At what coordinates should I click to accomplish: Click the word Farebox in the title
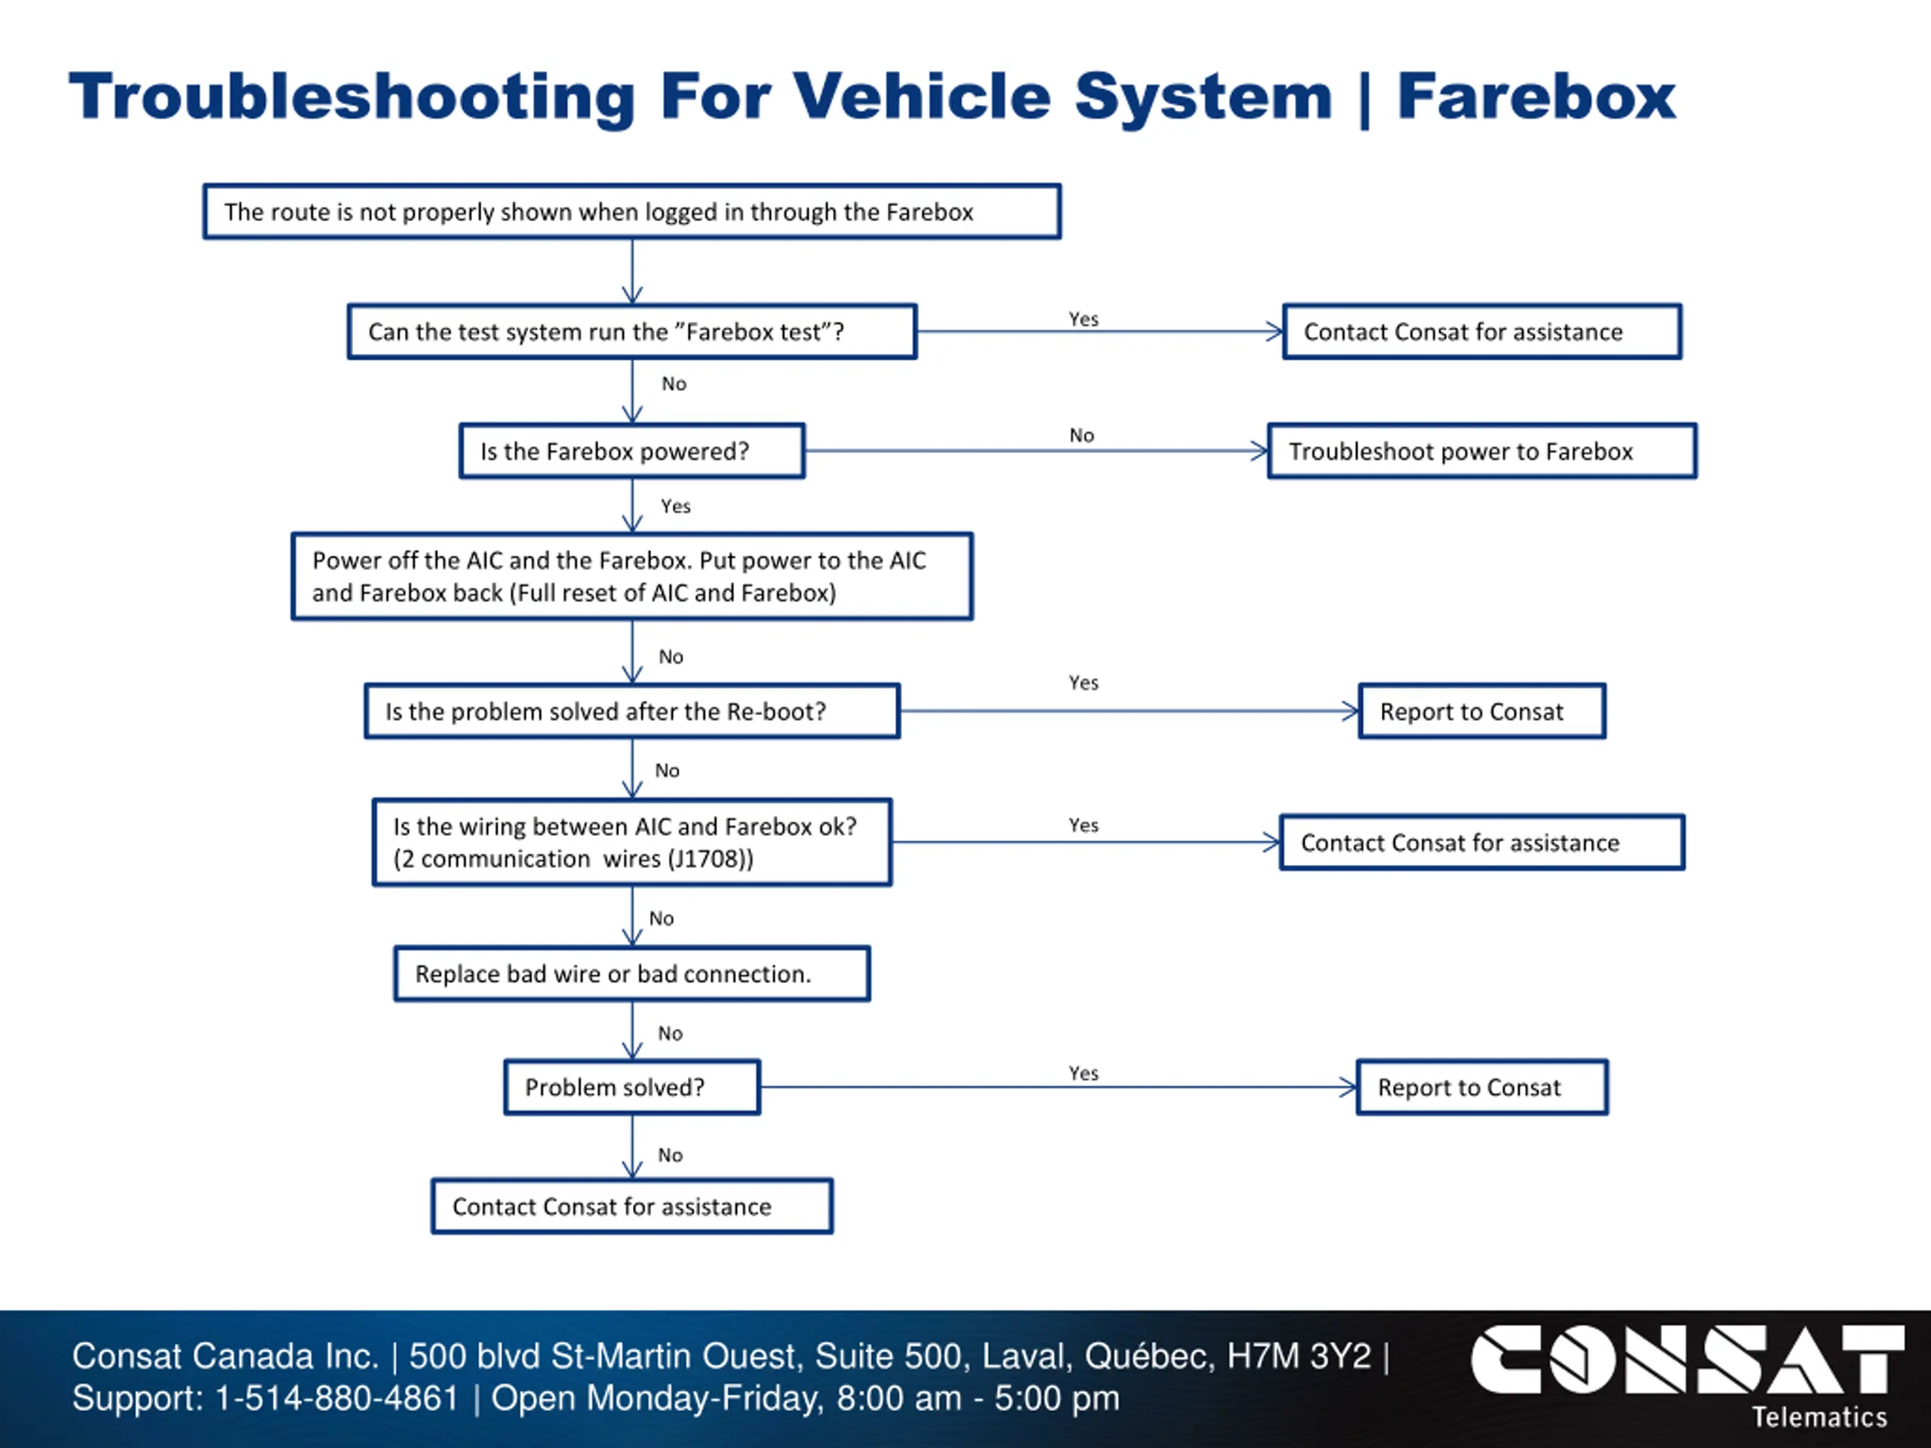[x=1537, y=96]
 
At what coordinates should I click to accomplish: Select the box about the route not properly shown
[x=632, y=211]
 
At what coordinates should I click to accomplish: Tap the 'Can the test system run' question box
[x=632, y=332]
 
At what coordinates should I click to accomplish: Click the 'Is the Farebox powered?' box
[x=632, y=451]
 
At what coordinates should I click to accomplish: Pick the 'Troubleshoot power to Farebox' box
[x=1482, y=451]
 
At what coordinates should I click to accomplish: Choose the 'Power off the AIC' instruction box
[x=632, y=576]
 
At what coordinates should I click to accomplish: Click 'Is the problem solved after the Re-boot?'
[x=632, y=711]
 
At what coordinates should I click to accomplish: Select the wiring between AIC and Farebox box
[x=632, y=842]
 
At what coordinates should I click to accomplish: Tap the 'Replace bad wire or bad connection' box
[x=632, y=974]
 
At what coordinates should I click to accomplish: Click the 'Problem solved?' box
[x=632, y=1088]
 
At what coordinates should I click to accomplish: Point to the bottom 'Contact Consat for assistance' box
[x=632, y=1206]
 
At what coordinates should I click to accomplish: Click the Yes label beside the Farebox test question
[x=1083, y=320]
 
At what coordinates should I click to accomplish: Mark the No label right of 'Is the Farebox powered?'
[x=1082, y=436]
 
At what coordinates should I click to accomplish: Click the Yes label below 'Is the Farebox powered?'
[x=676, y=506]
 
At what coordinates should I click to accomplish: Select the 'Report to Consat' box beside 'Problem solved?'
[x=1482, y=1088]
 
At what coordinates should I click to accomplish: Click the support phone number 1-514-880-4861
[x=337, y=1398]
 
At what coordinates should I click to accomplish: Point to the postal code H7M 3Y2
[x=1300, y=1356]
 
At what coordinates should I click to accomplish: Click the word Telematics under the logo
[x=1819, y=1416]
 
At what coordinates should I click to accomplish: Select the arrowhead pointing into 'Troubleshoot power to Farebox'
[x=1260, y=451]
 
